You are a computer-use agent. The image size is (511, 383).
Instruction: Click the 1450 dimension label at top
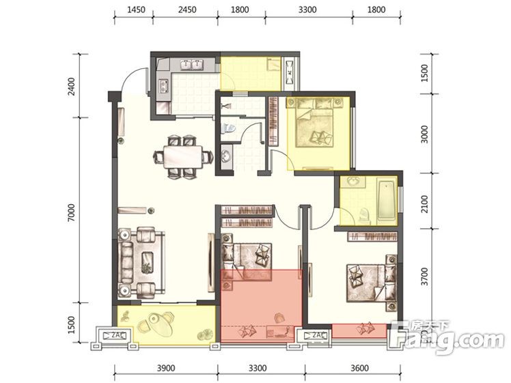tap(136, 10)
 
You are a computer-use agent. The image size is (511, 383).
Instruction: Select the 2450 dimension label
tap(187, 10)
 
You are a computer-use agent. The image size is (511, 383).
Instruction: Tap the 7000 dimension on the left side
tap(71, 213)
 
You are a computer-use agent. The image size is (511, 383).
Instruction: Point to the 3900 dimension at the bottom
tap(166, 369)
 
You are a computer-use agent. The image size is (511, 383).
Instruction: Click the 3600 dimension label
tap(360, 369)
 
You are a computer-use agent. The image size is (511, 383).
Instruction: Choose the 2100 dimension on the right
tap(424, 204)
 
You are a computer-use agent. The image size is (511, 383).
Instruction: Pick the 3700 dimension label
tap(424, 276)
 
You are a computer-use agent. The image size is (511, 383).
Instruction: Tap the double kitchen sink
tap(191, 65)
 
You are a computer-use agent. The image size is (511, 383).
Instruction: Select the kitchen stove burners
tap(163, 87)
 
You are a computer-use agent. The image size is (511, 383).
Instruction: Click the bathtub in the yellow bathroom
tap(386, 200)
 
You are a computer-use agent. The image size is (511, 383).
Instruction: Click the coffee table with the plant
tap(148, 263)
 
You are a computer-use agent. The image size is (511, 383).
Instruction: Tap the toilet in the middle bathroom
tap(227, 128)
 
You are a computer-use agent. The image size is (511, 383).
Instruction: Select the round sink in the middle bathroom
tap(226, 156)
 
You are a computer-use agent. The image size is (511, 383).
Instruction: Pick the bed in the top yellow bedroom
tap(314, 122)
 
